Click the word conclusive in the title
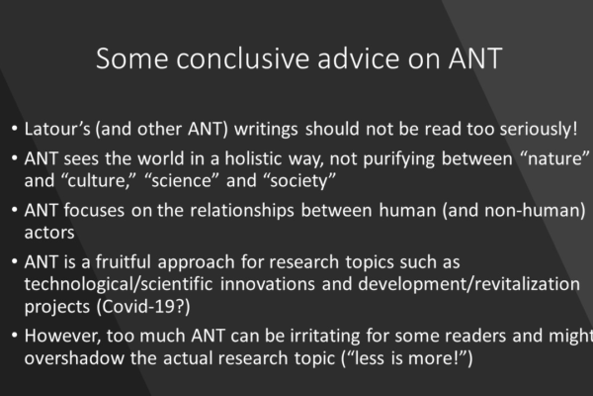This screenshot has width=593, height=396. tap(242, 58)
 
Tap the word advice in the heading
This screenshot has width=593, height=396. tap(358, 58)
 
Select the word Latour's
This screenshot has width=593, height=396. tap(57, 129)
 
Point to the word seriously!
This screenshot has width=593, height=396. tap(539, 130)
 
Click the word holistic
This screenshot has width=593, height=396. tap(253, 158)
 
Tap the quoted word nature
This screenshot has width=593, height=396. tap(554, 158)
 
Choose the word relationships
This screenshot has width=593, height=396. tap(242, 211)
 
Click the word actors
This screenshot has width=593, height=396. tap(49, 233)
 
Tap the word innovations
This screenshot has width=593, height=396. tap(268, 284)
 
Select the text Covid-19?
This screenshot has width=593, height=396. tap(143, 306)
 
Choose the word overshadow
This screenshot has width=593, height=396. tap(74, 358)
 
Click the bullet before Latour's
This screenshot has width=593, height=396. tap(15, 129)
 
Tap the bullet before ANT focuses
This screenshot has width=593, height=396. tap(15, 210)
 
